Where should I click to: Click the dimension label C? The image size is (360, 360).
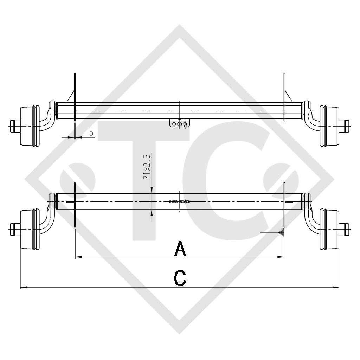pos(180,278)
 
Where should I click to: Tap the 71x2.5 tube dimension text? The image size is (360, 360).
pos(147,167)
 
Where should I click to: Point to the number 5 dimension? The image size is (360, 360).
pos(91,133)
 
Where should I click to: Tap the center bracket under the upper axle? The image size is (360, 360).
pos(180,124)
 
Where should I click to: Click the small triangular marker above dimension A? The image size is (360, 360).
pos(281,232)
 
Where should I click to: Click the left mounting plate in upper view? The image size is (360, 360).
pos(75,97)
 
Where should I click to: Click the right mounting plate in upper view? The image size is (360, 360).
pos(285,97)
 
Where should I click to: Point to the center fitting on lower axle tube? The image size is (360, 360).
pos(180,202)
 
